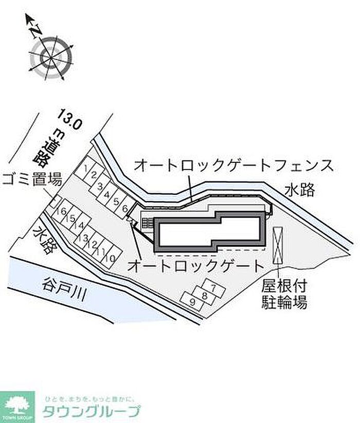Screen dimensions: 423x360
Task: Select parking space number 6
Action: point(125,209)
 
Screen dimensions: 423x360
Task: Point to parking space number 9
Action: point(193,302)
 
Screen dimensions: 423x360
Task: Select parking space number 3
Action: point(101,186)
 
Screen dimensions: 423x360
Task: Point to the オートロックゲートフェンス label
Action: point(234,165)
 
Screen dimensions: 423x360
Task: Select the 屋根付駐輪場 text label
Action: point(282,295)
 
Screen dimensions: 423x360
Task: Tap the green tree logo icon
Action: point(17,404)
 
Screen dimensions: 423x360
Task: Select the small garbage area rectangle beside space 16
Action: point(53,202)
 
